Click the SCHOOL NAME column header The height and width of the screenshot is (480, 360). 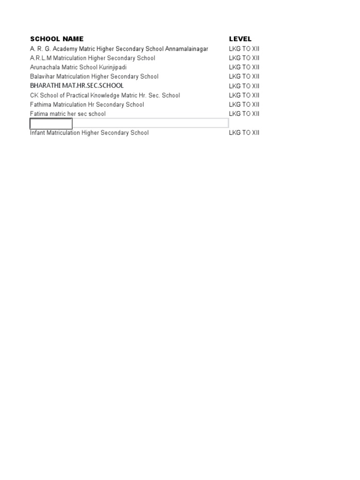click(57, 39)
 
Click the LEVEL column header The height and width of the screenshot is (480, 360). click(240, 39)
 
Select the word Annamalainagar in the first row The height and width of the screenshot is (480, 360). click(187, 49)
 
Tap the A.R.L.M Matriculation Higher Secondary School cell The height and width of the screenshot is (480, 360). click(92, 58)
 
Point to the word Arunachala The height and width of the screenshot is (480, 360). click(45, 67)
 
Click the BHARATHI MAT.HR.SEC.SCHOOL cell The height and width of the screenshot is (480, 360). click(77, 86)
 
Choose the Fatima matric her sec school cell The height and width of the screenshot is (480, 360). click(67, 114)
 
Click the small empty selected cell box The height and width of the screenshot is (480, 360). click(51, 124)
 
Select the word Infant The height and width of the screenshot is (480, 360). click(38, 133)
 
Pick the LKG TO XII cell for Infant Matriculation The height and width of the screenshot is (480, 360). click(244, 133)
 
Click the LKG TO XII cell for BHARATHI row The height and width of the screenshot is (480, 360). click(244, 86)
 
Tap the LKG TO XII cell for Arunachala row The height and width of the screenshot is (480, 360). click(244, 67)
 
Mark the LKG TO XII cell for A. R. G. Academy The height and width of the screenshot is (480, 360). click(244, 49)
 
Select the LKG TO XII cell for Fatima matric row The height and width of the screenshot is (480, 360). click(244, 114)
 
